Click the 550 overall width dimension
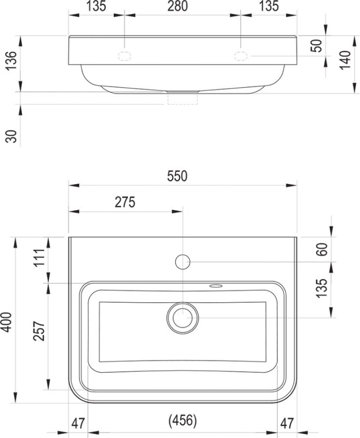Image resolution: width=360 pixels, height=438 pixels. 177,176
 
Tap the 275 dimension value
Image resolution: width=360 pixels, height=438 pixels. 125,202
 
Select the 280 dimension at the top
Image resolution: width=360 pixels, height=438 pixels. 177,7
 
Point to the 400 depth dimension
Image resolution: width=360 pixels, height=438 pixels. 7,322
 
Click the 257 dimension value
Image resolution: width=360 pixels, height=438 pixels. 39,331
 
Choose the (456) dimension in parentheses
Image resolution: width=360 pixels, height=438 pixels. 183,420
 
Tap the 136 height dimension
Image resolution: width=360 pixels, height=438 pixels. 11,61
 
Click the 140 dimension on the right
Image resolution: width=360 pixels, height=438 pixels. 346,60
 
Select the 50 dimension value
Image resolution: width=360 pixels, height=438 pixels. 316,46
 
